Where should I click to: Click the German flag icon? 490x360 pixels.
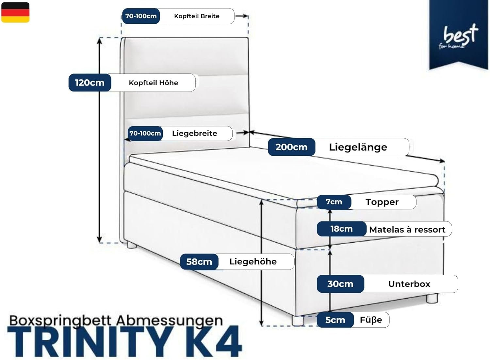tap(15, 12)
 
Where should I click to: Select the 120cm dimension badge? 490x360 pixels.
tap(90, 83)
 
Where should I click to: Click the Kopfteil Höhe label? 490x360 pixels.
tap(153, 83)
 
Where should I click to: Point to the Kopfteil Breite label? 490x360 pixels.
tap(197, 16)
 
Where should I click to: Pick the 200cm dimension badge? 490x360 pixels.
tap(291, 147)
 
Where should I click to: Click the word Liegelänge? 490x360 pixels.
tap(358, 147)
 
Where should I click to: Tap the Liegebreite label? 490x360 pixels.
tap(194, 133)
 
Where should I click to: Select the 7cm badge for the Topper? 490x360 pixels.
tap(334, 202)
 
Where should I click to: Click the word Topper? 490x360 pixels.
tap(382, 202)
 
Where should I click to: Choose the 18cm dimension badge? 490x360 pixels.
tap(341, 229)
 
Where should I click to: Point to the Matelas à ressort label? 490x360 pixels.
tap(407, 230)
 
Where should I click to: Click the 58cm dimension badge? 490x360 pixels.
tap(199, 262)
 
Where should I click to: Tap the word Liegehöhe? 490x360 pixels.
tap(253, 261)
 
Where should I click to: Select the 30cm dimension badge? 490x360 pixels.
tap(340, 284)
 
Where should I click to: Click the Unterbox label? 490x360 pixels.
tap(409, 284)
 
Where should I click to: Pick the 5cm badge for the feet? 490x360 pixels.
tap(335, 320)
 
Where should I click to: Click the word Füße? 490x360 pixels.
tap(371, 320)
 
